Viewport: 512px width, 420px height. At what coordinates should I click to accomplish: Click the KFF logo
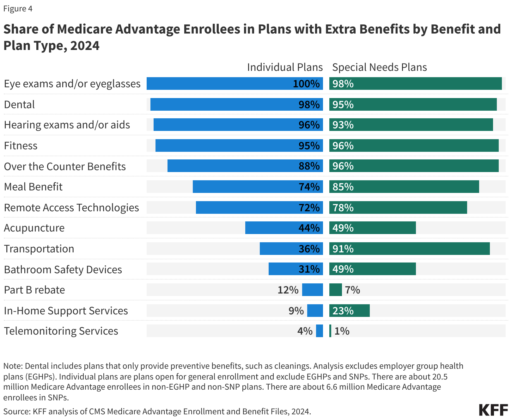[493, 410]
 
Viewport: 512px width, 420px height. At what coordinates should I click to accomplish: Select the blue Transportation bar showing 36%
[278, 249]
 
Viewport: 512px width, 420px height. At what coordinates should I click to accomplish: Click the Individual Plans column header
[285, 67]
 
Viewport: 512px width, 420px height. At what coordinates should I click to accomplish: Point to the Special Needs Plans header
[379, 67]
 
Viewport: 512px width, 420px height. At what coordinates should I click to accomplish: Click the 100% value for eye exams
[306, 84]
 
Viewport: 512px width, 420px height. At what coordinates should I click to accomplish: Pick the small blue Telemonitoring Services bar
[320, 331]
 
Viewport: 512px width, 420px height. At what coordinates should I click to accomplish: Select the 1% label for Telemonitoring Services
[342, 331]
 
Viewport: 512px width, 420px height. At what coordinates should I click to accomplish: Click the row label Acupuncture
[34, 228]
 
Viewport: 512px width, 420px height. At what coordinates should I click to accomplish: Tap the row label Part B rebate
[34, 290]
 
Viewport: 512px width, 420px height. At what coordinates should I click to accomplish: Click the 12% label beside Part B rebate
[288, 290]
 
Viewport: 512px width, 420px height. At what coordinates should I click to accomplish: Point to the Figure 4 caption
[18, 9]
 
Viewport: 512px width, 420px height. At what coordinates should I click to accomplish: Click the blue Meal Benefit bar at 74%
[243, 187]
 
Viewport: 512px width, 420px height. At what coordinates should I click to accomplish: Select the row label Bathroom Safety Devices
[63, 270]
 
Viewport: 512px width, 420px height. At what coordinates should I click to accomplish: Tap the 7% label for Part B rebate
[352, 290]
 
